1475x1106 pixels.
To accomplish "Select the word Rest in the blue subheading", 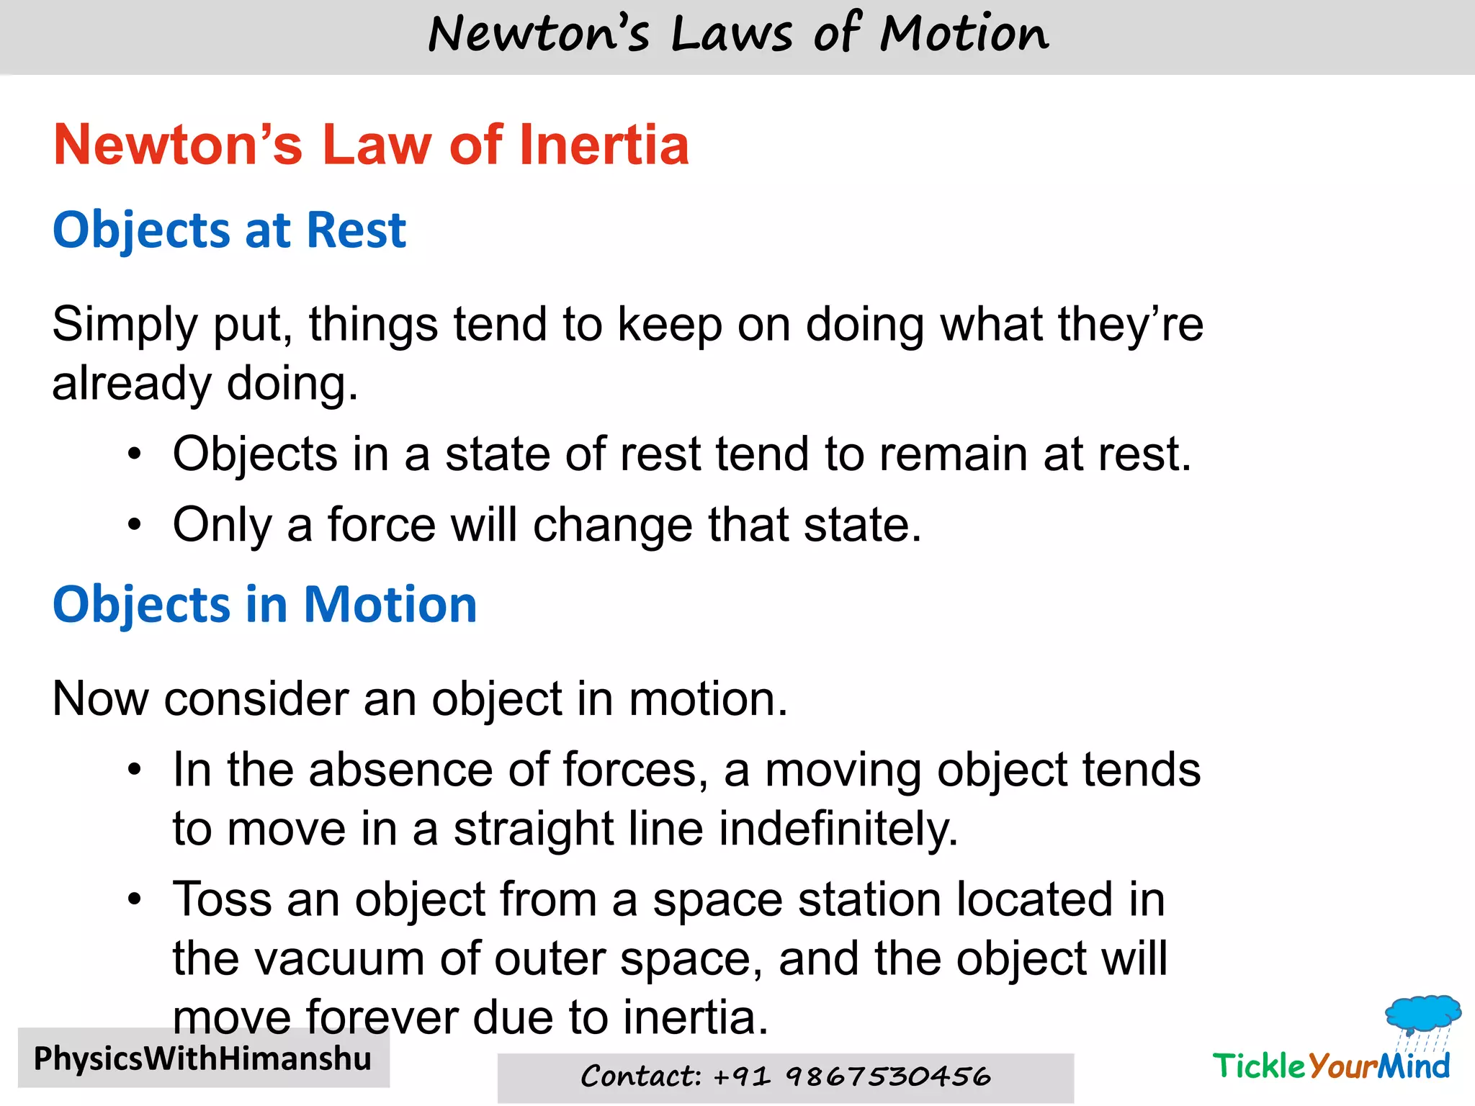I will point(356,230).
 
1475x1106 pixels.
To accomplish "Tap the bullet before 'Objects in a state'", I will point(135,455).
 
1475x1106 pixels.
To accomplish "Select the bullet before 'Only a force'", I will point(135,525).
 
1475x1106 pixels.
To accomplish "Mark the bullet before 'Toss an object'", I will point(135,900).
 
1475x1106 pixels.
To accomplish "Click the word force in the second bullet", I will point(381,525).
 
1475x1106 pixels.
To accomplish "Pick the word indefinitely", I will point(838,829).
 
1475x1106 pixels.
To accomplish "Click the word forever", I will point(382,1017).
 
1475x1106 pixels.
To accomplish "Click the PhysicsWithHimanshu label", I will point(202,1058).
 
